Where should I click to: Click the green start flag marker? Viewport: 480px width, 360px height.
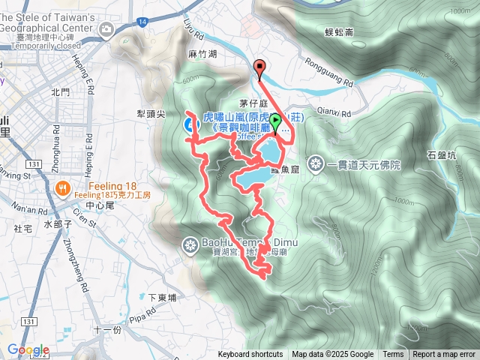pos(276,122)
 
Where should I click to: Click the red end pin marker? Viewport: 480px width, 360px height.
pos(260,68)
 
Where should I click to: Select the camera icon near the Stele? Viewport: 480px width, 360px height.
pos(106,28)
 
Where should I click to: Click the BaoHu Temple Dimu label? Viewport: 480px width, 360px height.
pos(235,242)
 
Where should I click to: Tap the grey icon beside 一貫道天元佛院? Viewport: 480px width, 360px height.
pos(316,163)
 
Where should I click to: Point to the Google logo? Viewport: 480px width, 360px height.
pos(28,349)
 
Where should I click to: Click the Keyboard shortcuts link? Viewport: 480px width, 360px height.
pos(250,355)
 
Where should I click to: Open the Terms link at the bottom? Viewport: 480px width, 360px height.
pos(393,355)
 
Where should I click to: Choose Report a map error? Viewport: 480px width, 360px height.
pos(445,355)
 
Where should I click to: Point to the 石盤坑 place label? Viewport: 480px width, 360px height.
pos(441,156)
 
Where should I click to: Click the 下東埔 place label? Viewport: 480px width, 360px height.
pos(162,298)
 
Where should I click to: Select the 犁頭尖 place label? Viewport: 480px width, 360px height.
pos(150,114)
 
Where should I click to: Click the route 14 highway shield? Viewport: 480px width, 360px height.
pos(142,22)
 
